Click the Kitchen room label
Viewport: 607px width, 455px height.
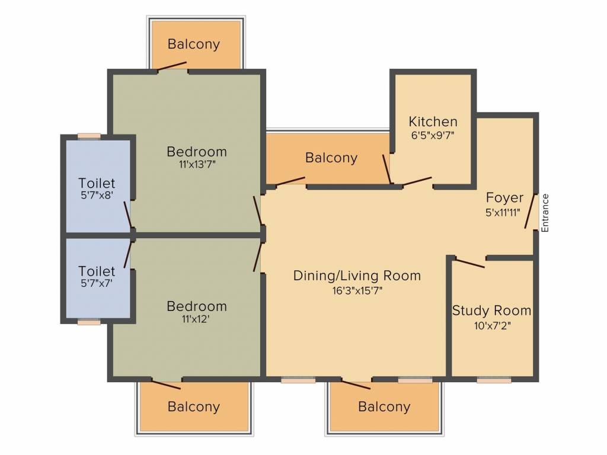tap(433, 122)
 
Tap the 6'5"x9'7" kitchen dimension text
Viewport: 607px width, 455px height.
tap(433, 134)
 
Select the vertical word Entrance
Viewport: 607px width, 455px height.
tap(545, 213)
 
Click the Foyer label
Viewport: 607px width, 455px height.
tap(504, 198)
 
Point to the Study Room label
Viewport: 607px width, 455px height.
tap(491, 310)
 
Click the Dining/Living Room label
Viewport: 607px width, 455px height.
tap(357, 275)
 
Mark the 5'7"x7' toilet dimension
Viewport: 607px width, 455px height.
tap(97, 284)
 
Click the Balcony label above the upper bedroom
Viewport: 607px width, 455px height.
tap(193, 44)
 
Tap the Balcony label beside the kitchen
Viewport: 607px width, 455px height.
tap(331, 158)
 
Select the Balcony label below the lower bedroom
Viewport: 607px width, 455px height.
tap(193, 407)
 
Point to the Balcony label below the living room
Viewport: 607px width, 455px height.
tap(384, 407)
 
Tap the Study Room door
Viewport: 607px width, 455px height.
tap(470, 262)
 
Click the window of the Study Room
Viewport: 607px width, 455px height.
tap(494, 380)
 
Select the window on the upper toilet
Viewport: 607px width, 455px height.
tap(89, 136)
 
